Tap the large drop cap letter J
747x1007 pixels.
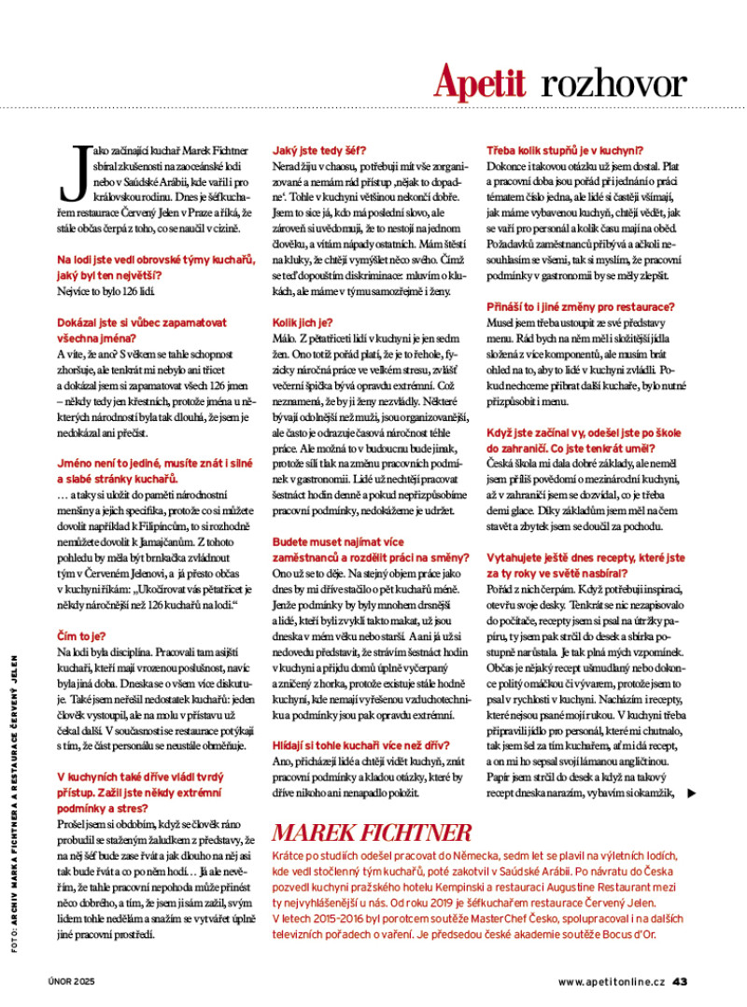69,173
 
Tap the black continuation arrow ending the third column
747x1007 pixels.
691,793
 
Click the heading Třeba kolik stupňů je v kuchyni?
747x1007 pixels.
564,147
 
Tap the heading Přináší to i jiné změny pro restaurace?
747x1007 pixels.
580,306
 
